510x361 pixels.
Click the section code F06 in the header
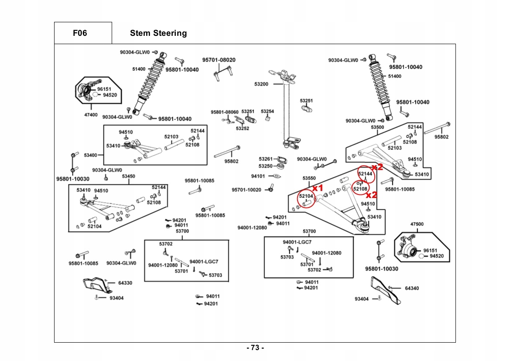coord(80,33)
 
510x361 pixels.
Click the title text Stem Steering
coord(158,33)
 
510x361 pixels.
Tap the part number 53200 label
coord(261,83)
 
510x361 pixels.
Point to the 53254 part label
coord(267,111)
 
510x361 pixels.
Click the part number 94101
coord(258,176)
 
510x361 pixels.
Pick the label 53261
coord(265,159)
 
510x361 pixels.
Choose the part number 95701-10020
coord(246,190)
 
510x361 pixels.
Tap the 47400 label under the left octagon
coord(91,115)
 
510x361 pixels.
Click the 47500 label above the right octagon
coord(417,224)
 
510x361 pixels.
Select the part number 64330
coord(125,283)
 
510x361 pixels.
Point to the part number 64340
coord(412,288)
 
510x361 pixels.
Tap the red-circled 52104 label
coord(306,196)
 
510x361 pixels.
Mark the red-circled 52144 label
coord(365,174)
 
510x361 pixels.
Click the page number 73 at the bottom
coord(255,348)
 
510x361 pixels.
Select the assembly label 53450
coord(128,176)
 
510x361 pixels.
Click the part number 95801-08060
coord(225,112)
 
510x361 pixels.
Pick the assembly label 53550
coord(309,178)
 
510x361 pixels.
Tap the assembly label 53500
coord(377,127)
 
